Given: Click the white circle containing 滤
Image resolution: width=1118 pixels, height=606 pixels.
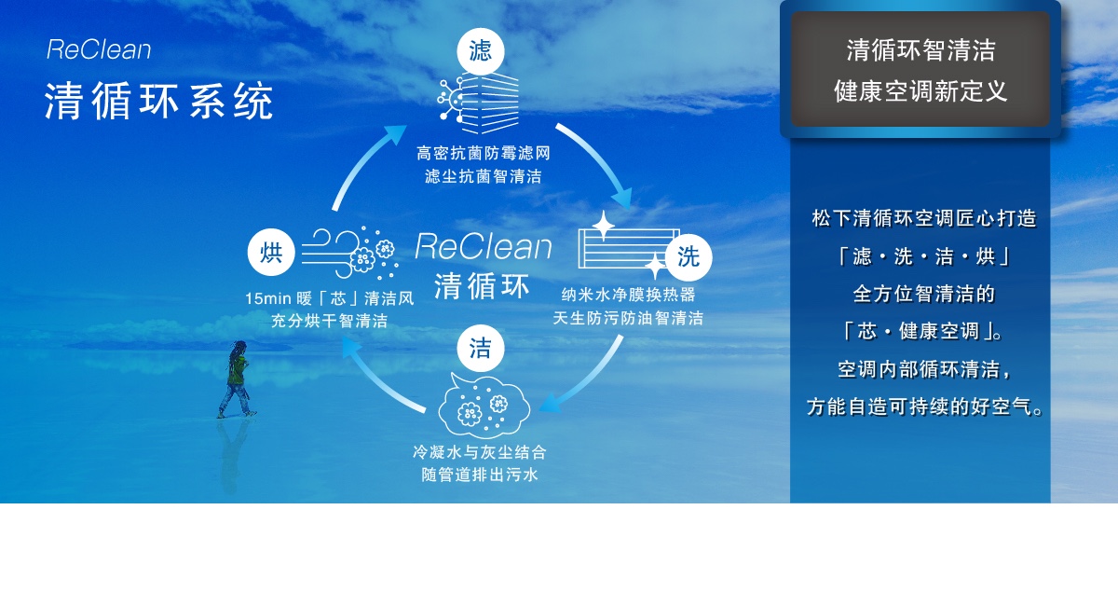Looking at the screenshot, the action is tap(481, 51).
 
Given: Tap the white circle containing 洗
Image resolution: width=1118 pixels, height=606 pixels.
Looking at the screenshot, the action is tap(689, 256).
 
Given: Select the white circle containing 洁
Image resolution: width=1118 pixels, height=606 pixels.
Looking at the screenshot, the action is tap(480, 348).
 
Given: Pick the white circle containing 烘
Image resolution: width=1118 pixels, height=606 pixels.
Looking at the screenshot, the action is tap(271, 253).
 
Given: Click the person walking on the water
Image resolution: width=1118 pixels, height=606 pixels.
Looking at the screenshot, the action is tap(236, 379).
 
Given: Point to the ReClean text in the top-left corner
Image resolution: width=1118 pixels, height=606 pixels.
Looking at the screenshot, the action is tap(99, 50).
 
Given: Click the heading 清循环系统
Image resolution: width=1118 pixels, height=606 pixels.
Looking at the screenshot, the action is tap(158, 102).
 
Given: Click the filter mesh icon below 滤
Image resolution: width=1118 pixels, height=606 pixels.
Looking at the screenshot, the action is tap(478, 103).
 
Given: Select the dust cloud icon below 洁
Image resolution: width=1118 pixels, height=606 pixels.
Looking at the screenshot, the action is tap(484, 406).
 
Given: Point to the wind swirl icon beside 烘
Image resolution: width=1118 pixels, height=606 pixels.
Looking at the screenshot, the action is tap(349, 253).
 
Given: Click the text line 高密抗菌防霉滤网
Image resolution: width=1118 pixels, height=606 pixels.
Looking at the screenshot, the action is tap(484, 154).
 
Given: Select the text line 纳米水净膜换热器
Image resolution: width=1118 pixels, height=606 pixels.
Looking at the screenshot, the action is tap(628, 295).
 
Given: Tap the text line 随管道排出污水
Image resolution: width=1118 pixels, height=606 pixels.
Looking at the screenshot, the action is tap(480, 475).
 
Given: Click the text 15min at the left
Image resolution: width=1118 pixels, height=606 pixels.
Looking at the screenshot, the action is tap(268, 298).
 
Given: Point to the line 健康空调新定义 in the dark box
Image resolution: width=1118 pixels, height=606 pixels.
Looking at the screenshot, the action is tap(920, 92).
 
